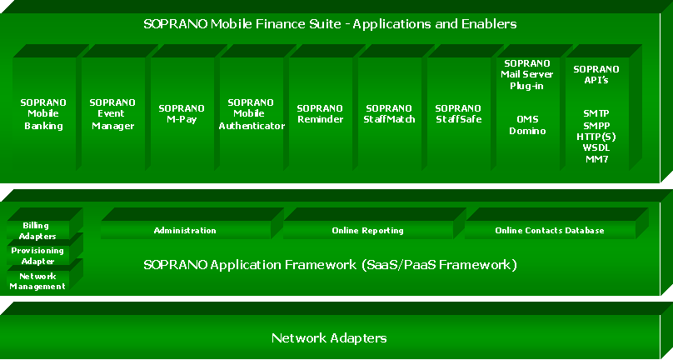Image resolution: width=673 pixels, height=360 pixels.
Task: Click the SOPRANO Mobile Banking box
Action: click(x=43, y=114)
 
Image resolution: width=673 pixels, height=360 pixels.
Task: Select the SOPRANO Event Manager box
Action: click(x=112, y=114)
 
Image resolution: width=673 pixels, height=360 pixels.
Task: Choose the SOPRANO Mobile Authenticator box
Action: click(x=251, y=114)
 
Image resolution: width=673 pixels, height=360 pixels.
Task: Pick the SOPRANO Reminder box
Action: click(x=319, y=114)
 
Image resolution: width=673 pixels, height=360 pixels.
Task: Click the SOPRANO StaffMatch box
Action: click(x=389, y=114)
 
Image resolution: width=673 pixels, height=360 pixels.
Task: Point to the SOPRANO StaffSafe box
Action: click(x=457, y=114)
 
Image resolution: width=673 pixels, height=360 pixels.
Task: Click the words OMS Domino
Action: click(x=526, y=125)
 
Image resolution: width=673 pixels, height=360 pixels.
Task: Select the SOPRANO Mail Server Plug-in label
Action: click(x=526, y=74)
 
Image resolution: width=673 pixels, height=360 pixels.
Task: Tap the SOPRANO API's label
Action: click(x=596, y=74)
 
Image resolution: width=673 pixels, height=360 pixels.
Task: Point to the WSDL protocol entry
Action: click(x=596, y=147)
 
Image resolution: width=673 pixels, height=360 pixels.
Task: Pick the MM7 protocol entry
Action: click(x=596, y=158)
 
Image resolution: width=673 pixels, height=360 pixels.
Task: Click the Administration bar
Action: click(x=185, y=230)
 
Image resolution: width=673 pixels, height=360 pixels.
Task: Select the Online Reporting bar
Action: click(x=367, y=230)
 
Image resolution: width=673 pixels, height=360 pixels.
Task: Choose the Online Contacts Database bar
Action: click(x=549, y=230)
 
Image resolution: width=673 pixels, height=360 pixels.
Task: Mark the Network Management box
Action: click(x=37, y=281)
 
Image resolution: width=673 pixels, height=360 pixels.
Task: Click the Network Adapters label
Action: click(x=328, y=338)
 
